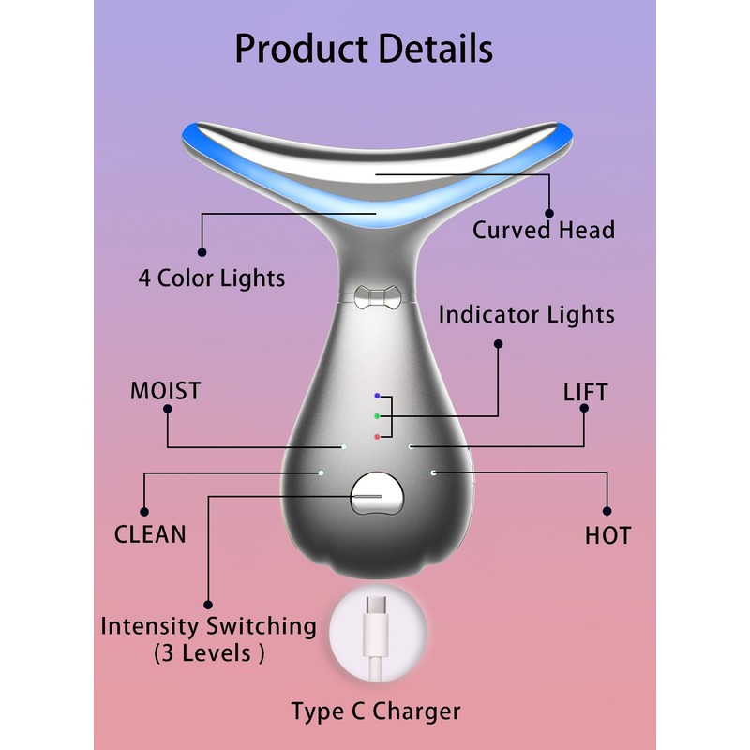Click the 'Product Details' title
(363, 48)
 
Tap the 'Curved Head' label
(544, 230)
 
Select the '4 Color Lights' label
(212, 278)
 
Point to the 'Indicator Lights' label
(526, 314)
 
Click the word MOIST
(166, 391)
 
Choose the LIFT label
(586, 392)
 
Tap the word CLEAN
(150, 534)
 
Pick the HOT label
(607, 536)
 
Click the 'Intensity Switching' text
(208, 625)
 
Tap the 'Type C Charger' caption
(376, 712)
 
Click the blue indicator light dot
(376, 397)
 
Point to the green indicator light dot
(376, 415)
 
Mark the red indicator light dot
(376, 436)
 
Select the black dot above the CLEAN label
(143, 511)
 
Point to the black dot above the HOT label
(607, 511)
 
